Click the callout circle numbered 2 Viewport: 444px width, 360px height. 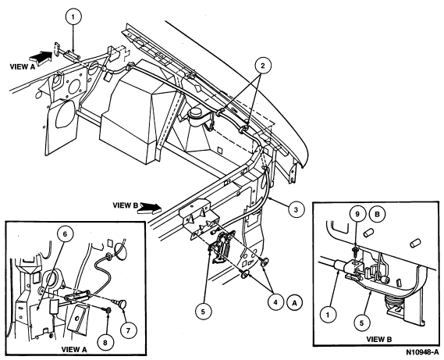263,66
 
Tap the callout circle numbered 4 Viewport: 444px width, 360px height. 275,302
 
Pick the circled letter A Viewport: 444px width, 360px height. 295,303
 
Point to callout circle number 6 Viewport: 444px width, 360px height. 65,234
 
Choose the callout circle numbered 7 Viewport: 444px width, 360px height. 128,330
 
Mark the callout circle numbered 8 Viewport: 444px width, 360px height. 105,343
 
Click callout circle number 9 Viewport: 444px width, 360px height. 357,214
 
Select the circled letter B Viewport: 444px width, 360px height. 377,214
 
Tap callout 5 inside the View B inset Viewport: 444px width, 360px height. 361,323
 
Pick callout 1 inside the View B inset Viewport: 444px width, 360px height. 329,315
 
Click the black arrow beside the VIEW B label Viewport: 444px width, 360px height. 150,208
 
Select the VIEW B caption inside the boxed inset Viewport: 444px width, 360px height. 379,340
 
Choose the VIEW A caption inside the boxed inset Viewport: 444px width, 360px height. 73,350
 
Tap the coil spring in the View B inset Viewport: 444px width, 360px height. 394,304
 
